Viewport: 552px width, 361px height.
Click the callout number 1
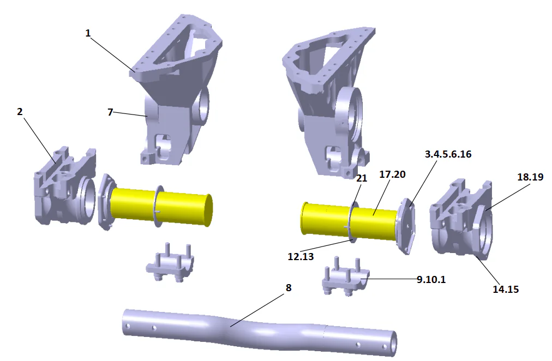[x=88, y=33]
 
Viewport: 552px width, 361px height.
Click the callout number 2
[x=20, y=112]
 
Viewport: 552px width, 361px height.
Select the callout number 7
[x=110, y=112]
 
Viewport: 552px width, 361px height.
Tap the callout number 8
[x=289, y=287]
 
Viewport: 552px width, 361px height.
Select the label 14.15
[x=506, y=290]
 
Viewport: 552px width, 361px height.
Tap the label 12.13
[x=301, y=256]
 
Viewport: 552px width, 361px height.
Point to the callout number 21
[x=362, y=178]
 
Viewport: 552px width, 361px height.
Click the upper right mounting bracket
[x=327, y=98]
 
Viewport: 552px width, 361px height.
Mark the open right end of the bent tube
[x=391, y=346]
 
